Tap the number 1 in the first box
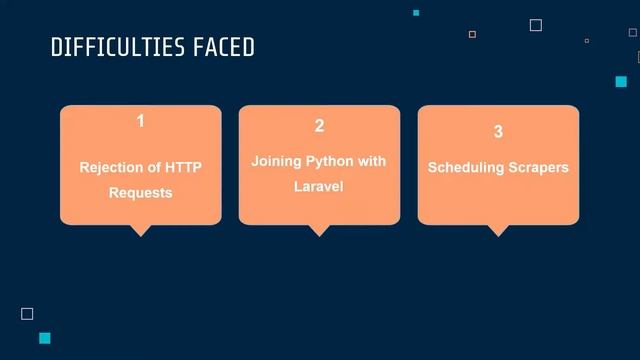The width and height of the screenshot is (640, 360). pos(141,121)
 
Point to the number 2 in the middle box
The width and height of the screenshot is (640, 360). pos(319,126)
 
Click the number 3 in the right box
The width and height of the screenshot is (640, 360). pos(498,132)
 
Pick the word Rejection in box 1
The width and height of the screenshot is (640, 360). pos(113,167)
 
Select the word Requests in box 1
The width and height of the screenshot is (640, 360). pos(141,192)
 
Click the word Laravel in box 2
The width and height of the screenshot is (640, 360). pos(319,186)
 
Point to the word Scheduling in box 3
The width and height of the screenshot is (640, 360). pos(463,167)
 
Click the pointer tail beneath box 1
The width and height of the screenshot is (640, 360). pos(141,230)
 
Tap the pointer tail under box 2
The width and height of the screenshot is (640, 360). pos(319,230)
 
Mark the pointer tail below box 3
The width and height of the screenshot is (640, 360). pos(498,230)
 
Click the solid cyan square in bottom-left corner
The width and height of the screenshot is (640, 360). pos(44,338)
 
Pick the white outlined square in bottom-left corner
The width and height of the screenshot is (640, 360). pos(27,314)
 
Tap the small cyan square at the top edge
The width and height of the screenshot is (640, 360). pos(416,12)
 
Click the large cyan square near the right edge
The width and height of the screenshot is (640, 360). pos(621,82)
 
